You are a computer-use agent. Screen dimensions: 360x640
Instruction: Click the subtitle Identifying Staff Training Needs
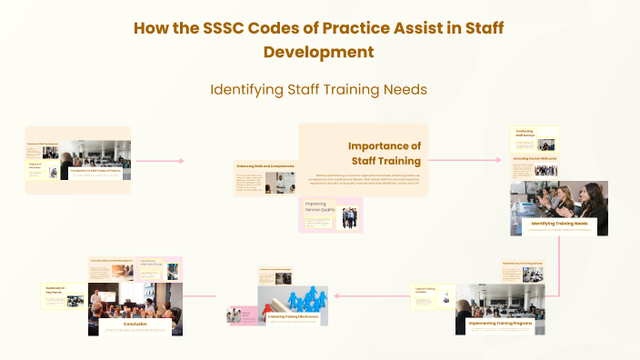click(x=319, y=90)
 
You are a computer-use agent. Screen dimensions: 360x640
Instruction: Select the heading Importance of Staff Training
click(x=385, y=154)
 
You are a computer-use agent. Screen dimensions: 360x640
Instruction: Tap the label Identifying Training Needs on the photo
click(x=559, y=224)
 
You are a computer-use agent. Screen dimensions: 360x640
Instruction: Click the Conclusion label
click(x=136, y=324)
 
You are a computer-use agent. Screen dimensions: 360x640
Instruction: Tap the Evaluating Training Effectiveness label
click(x=293, y=315)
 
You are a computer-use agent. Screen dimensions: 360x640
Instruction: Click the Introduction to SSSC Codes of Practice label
click(x=98, y=171)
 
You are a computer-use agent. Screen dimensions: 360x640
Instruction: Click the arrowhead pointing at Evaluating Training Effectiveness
click(x=336, y=295)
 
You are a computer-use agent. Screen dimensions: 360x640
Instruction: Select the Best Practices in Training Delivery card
click(x=523, y=264)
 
